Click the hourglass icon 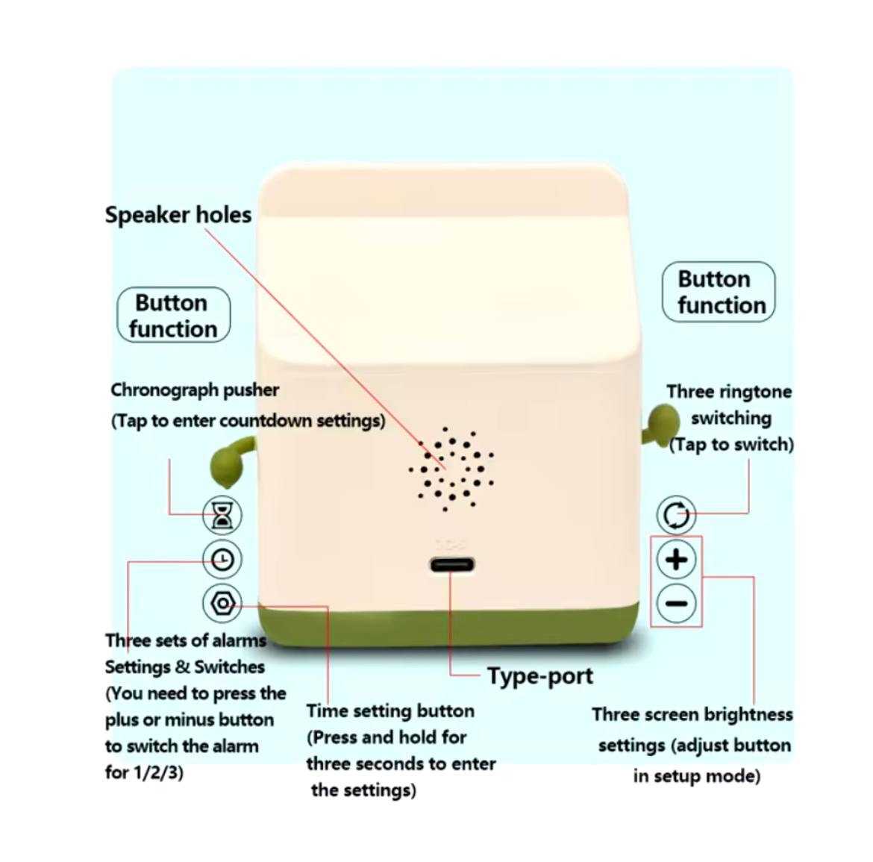(x=222, y=514)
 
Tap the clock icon (x=222, y=558)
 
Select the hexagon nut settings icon (x=222, y=603)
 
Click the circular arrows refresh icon (x=676, y=514)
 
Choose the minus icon (x=677, y=603)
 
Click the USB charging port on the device (x=451, y=565)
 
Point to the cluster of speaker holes (x=451, y=469)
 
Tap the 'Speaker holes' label (x=178, y=215)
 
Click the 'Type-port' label (x=540, y=676)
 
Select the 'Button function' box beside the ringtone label (x=719, y=292)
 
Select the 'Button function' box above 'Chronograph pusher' (x=174, y=315)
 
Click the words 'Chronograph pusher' (x=195, y=390)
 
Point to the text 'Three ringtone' (x=729, y=392)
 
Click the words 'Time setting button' (x=390, y=711)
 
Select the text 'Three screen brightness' (x=692, y=714)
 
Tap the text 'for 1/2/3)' (x=144, y=772)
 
